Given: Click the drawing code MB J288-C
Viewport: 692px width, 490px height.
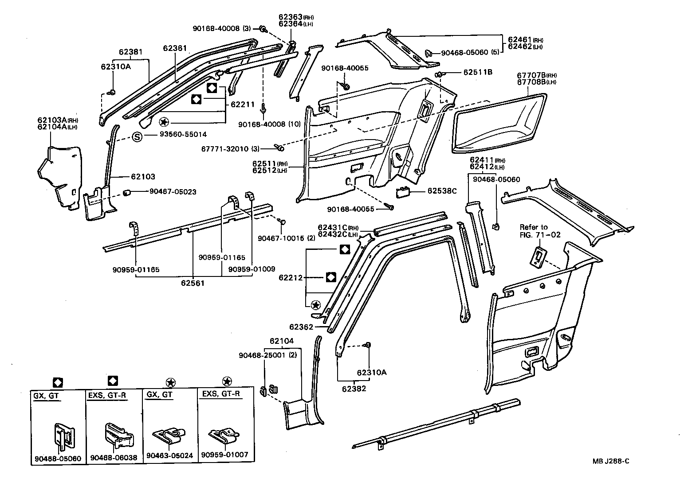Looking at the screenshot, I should pos(611,461).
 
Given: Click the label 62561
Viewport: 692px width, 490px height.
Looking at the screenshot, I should pos(193,283).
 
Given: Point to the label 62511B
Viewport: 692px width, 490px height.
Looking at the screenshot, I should pos(478,72).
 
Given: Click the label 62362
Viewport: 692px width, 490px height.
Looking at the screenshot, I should pos(302,327).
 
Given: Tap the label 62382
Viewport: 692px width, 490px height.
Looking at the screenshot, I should pos(354,389).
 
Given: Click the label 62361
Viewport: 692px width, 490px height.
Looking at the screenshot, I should pos(175,48).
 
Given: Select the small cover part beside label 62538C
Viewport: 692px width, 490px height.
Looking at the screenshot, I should pos(404,191).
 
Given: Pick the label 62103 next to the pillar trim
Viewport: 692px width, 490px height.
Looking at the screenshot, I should pos(143,176).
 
